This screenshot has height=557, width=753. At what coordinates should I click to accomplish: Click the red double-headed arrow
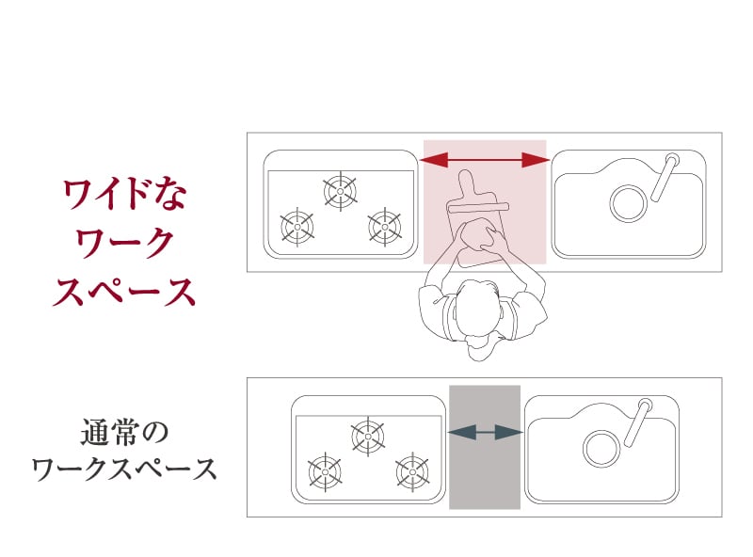point(485,160)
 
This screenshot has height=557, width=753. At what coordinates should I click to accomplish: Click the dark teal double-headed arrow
point(485,432)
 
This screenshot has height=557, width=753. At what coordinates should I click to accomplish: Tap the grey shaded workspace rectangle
point(485,447)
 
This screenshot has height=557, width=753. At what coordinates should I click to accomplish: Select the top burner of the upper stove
point(341,191)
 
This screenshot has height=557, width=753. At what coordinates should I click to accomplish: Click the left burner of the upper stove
point(297,227)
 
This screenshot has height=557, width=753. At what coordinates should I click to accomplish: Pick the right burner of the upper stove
point(385,227)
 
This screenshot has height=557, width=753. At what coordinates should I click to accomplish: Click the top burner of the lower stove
point(368,437)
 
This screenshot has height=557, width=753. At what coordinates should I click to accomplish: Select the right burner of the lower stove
point(412,472)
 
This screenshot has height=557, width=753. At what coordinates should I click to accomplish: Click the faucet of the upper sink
point(665,176)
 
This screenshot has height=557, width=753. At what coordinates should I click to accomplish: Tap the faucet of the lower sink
point(638,422)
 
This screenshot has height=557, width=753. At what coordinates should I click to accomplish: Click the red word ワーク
point(124,243)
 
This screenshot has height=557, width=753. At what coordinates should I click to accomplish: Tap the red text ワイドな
point(124,194)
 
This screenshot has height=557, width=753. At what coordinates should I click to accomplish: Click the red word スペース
point(124,292)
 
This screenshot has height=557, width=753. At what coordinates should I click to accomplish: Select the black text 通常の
point(124,432)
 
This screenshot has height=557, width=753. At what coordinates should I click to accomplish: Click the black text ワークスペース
point(124,469)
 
